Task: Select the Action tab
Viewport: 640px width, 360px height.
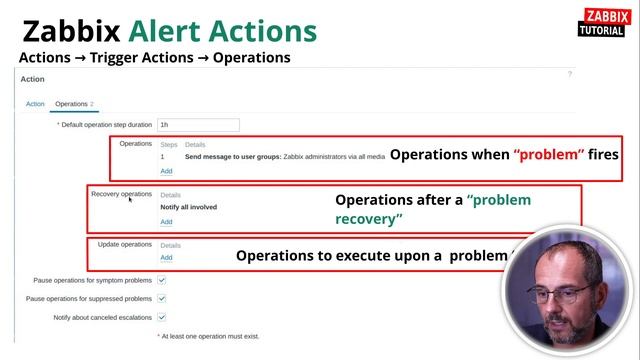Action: (x=35, y=104)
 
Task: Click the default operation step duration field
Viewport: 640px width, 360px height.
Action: (x=198, y=125)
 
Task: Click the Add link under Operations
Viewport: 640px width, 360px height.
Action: (x=166, y=171)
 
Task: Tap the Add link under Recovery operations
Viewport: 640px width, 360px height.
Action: (x=166, y=221)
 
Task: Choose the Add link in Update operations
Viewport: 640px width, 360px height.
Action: (x=166, y=257)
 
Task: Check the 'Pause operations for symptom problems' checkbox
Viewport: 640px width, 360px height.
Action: (x=162, y=281)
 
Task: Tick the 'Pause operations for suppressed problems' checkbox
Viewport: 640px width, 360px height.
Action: (x=162, y=298)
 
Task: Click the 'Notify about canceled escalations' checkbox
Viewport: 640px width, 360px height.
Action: (x=162, y=317)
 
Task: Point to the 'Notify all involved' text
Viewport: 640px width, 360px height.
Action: (x=188, y=207)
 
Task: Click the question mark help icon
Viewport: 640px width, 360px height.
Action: (x=570, y=74)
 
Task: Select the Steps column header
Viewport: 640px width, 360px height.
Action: (x=169, y=145)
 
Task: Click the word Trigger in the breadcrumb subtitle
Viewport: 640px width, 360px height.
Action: (x=118, y=57)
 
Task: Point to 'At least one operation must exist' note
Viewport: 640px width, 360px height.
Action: (x=209, y=336)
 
